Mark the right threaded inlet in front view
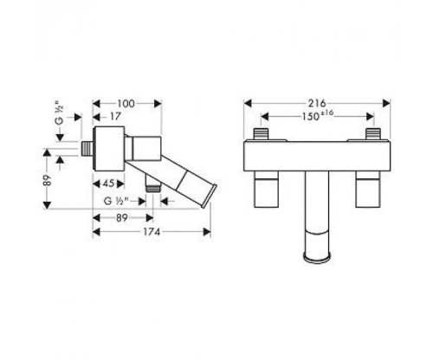[374, 136]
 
